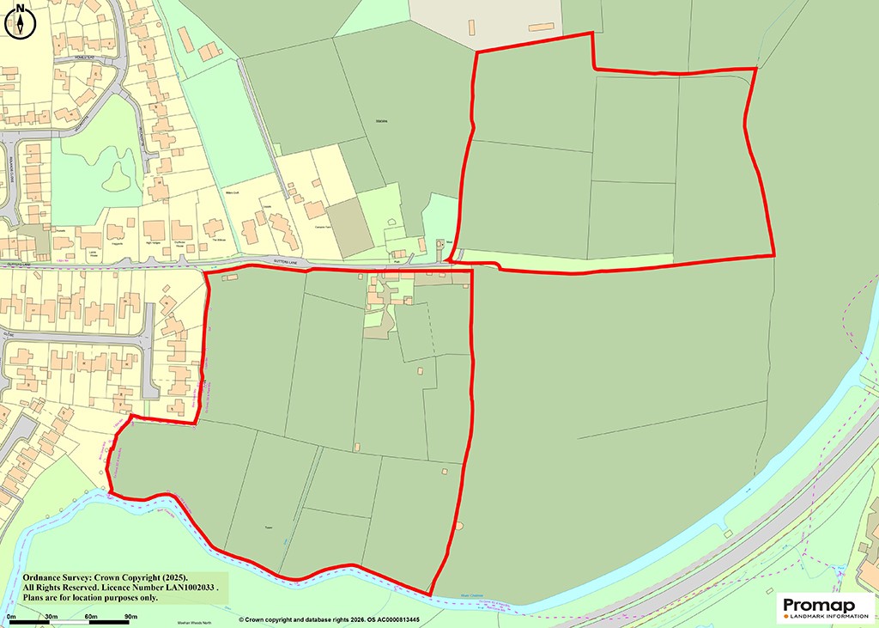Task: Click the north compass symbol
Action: [20, 21]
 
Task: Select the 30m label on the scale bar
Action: [51, 617]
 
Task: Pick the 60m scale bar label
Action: [91, 617]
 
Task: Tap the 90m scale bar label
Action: [130, 617]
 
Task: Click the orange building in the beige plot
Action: [541, 27]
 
